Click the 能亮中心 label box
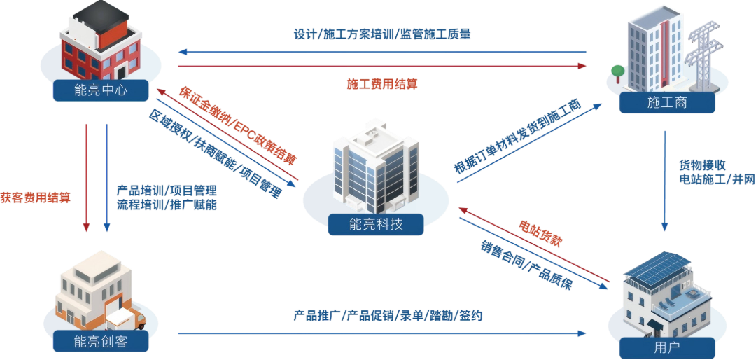click(x=101, y=90)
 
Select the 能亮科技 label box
click(x=376, y=224)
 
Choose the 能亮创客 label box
click(x=101, y=342)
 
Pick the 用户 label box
click(x=667, y=347)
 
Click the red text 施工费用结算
click(x=382, y=84)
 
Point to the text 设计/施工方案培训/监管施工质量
click(x=382, y=35)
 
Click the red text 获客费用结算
click(x=35, y=198)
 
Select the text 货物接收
click(x=702, y=165)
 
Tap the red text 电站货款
click(x=540, y=234)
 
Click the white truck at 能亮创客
click(x=126, y=319)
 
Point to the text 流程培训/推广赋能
click(x=167, y=205)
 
